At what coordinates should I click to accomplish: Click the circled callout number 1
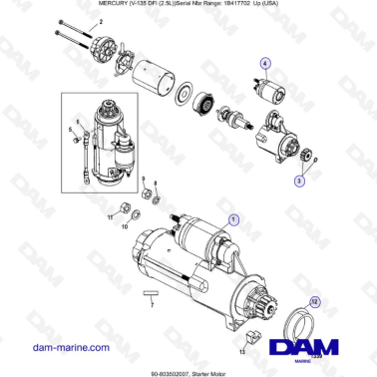(x=233, y=217)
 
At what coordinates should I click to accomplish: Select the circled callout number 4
(x=265, y=63)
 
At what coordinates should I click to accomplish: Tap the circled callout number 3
(x=297, y=182)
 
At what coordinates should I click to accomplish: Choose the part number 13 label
(x=240, y=351)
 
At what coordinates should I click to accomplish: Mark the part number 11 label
(x=111, y=216)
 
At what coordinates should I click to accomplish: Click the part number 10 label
(x=125, y=227)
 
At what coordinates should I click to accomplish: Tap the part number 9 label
(x=144, y=181)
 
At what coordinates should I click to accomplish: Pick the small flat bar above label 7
(x=151, y=294)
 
